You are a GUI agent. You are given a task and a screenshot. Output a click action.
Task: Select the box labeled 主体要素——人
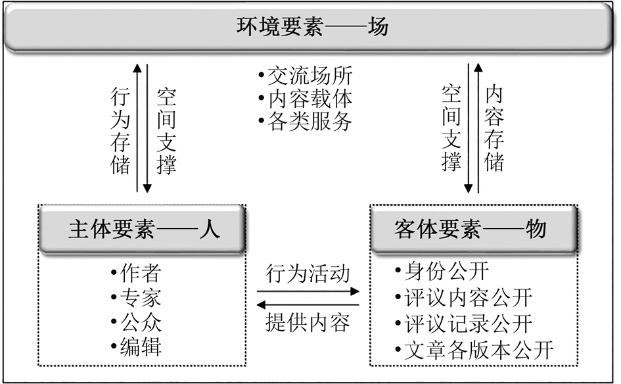(x=143, y=229)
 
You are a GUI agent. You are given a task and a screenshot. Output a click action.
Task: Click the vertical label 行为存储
(x=121, y=132)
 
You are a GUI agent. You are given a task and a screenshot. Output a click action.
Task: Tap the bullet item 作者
(x=139, y=273)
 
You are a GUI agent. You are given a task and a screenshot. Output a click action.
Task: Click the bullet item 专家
(x=139, y=298)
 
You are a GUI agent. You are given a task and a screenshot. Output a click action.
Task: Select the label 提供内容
(x=308, y=323)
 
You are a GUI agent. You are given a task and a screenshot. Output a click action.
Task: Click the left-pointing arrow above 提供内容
(x=308, y=304)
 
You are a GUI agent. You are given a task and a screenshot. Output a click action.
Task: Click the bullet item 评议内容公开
(x=467, y=297)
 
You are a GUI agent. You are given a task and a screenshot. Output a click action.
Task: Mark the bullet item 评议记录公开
(x=467, y=323)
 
